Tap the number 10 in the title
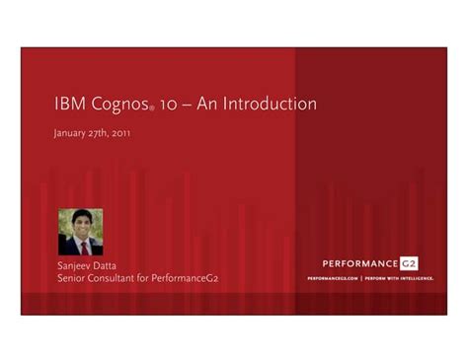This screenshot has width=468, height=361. pyautogui.click(x=170, y=104)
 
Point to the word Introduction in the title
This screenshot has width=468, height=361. pyautogui.click(x=271, y=104)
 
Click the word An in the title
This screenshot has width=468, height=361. pyautogui.click(x=209, y=104)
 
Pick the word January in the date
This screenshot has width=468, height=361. pyautogui.click(x=70, y=133)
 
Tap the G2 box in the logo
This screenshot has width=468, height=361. pyautogui.click(x=408, y=263)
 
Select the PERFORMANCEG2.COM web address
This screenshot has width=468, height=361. pyautogui.click(x=332, y=279)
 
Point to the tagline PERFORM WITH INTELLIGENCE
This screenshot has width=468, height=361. pyautogui.click(x=399, y=279)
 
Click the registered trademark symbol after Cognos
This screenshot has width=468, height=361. pyautogui.click(x=151, y=109)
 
